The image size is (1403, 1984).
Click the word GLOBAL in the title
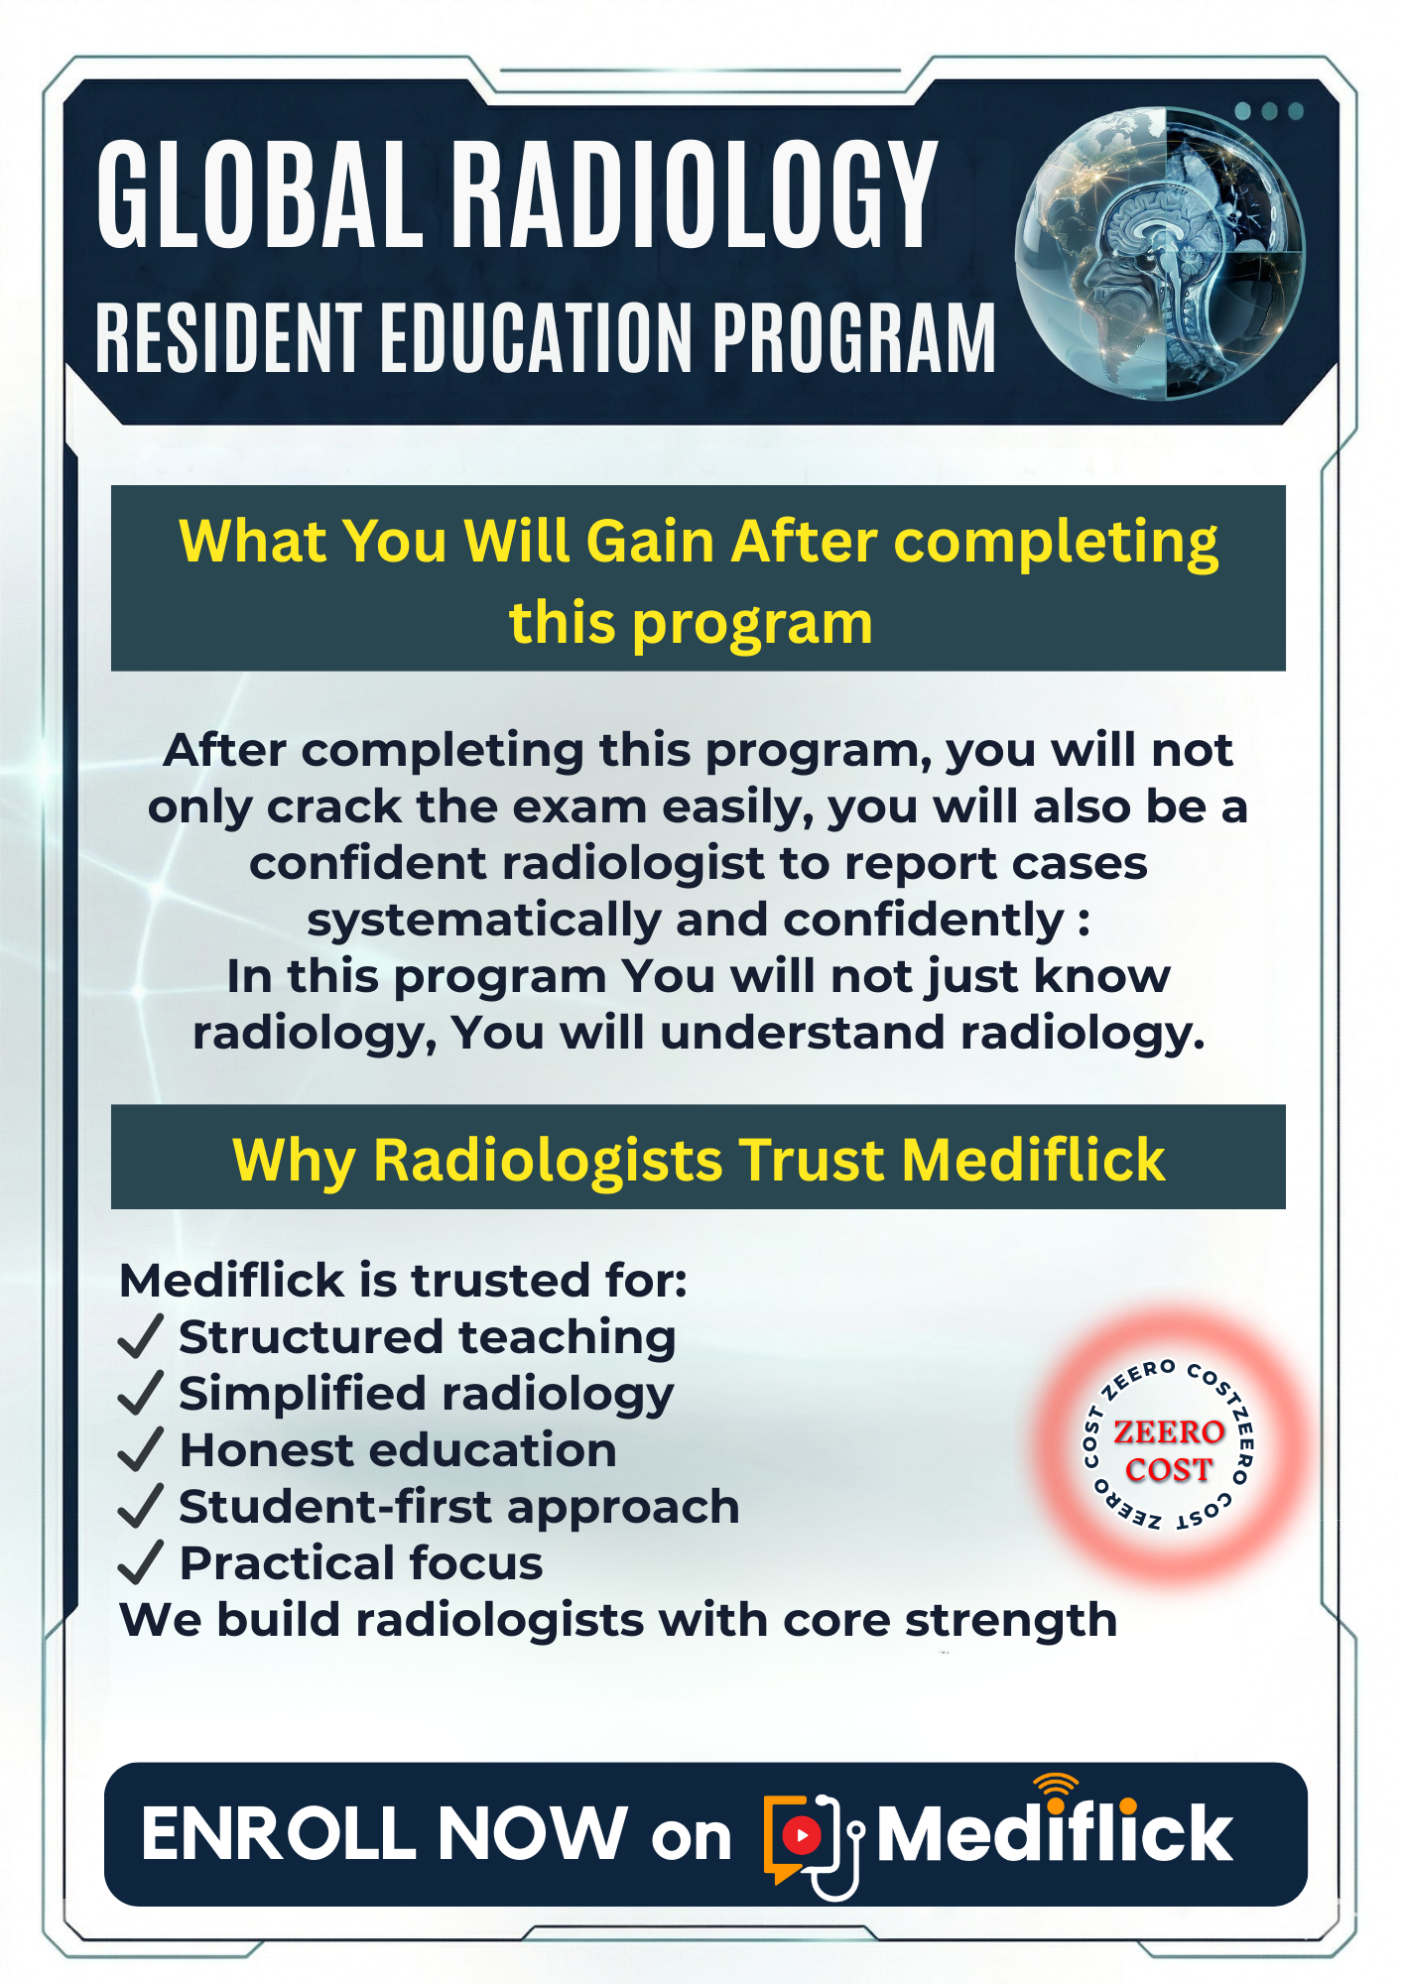[x=260, y=193]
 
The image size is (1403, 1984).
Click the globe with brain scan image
[x=1160, y=255]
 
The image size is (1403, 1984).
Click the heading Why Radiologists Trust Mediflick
[x=699, y=1159]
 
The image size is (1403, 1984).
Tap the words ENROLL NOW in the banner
[x=385, y=1833]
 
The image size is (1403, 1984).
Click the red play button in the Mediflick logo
[x=802, y=1835]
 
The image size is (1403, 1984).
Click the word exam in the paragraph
[x=578, y=807]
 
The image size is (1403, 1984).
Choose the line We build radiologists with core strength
[x=618, y=1621]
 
